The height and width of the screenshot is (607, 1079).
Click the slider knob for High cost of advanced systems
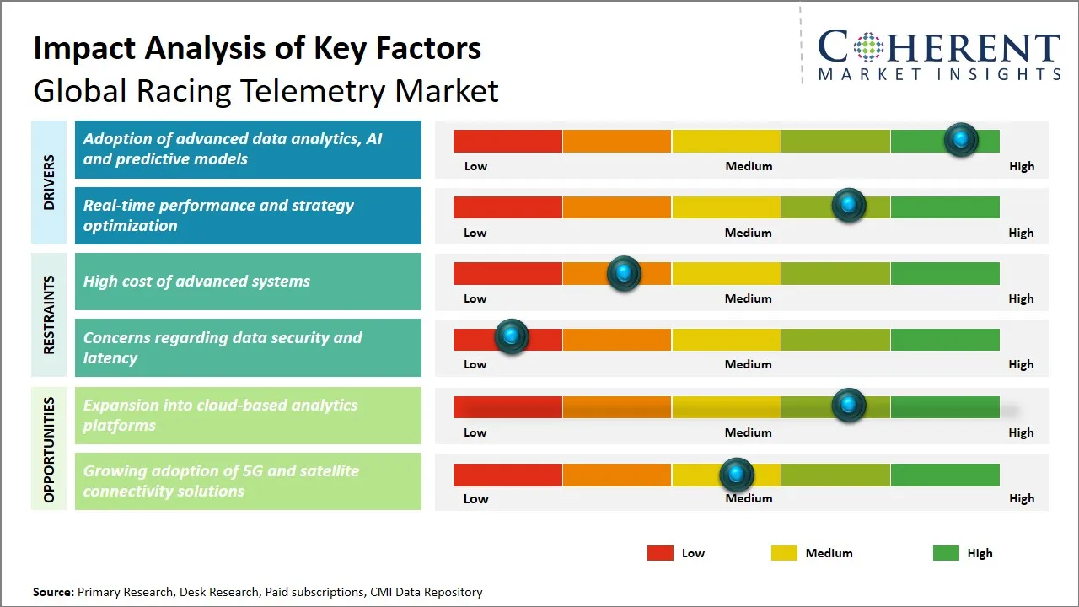624,273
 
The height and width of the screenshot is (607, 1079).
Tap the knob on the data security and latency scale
511,336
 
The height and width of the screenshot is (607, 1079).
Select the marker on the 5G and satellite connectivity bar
737,475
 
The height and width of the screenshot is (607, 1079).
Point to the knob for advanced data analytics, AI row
961,139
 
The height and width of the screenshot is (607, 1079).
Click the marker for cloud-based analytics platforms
849,406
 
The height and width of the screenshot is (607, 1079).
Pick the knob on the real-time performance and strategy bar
849,205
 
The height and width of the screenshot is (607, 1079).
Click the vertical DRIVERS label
48,182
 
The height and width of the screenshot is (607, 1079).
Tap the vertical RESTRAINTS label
48,314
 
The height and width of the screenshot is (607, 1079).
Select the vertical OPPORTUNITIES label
48,449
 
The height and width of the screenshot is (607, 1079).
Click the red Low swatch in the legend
660,553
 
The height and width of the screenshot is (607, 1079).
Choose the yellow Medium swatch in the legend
784,553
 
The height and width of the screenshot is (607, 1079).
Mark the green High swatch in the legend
946,553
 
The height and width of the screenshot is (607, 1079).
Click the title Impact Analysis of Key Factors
257,48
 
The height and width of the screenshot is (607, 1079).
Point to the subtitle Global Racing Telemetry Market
266,90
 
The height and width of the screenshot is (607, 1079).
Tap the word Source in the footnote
52,592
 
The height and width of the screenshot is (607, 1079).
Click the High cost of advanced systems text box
248,282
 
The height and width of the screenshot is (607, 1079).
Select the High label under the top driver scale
1021,166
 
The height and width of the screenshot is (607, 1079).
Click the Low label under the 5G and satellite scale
475,498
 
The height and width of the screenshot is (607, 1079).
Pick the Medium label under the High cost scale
748,298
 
